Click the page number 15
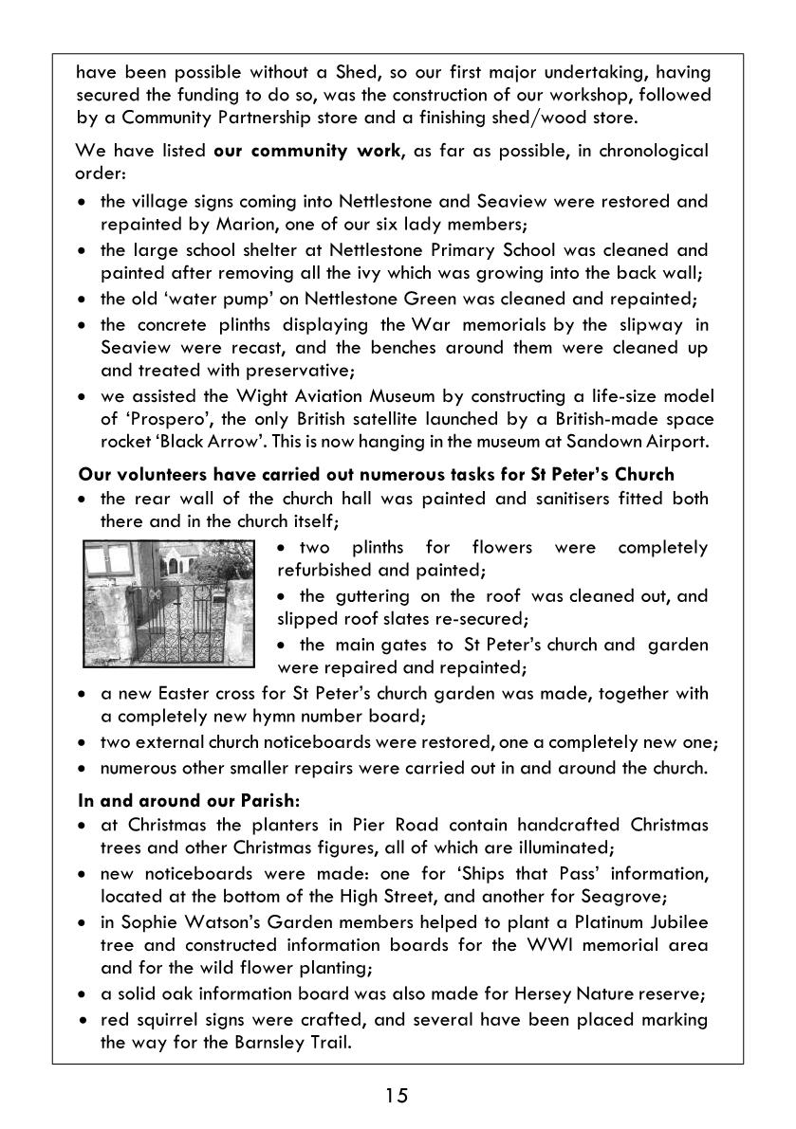pos(397,1097)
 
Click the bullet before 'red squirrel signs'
pos(85,1020)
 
